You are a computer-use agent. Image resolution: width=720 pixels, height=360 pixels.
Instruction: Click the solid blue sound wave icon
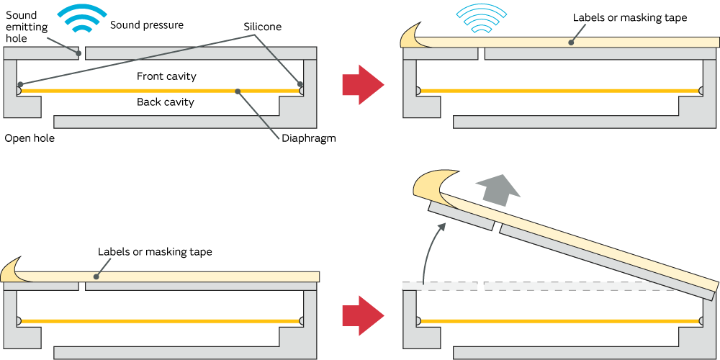click(82, 19)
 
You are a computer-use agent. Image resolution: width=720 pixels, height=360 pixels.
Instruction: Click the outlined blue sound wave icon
click(481, 19)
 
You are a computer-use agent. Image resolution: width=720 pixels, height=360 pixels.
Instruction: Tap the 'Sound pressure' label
click(147, 25)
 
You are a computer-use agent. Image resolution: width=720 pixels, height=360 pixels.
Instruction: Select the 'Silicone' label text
click(262, 27)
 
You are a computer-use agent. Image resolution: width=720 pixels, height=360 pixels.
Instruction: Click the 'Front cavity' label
click(166, 76)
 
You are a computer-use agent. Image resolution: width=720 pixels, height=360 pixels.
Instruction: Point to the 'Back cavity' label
click(166, 102)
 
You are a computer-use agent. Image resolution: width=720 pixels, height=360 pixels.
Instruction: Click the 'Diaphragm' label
click(309, 138)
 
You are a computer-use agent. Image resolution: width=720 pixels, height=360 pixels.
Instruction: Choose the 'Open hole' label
click(30, 138)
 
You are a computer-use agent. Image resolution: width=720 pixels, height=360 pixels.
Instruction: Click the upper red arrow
click(363, 86)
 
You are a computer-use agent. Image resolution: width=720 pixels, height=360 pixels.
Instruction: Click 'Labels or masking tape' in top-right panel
click(630, 17)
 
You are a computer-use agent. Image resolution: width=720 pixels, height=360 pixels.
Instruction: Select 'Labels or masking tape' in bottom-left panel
click(155, 252)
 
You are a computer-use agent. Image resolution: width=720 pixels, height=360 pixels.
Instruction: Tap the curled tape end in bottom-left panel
click(14, 269)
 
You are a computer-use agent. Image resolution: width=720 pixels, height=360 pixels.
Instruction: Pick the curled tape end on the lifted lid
click(431, 184)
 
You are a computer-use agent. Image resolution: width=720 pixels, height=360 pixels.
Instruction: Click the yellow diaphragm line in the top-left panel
click(158, 91)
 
